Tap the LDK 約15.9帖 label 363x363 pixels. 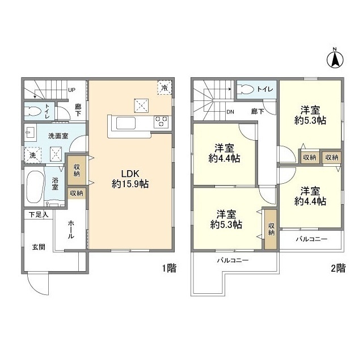pos(130,179)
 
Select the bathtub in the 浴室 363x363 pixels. pos(35,187)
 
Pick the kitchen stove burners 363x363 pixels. pos(161,121)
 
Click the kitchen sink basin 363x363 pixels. pos(126,123)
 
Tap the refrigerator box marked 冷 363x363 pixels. pos(164,87)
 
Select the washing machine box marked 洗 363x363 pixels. pos(33,155)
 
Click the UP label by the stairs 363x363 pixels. pos(71,90)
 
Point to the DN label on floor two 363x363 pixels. pos(230,112)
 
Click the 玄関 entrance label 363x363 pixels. pos(39,247)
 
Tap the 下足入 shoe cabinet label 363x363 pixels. pos(39,214)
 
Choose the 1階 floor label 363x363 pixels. pos(169,268)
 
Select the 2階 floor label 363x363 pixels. pos(338,268)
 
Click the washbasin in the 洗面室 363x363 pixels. pos(30,133)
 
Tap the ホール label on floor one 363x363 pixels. pos(71,230)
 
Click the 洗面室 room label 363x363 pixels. pos(58,136)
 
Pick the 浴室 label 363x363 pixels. pos(55,184)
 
